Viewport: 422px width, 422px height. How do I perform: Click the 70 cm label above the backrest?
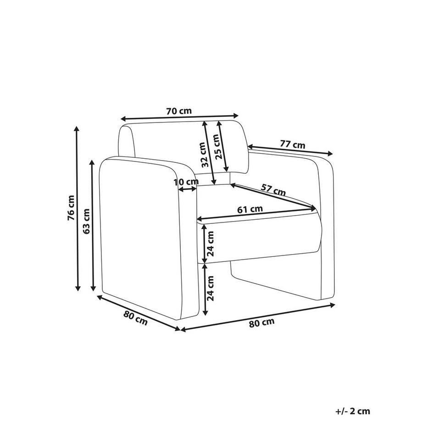pyautogui.click(x=179, y=111)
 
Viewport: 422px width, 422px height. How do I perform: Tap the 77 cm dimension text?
pyautogui.click(x=292, y=145)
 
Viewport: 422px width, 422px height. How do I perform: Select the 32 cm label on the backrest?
pyautogui.click(x=205, y=155)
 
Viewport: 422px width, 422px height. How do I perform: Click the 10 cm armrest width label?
pyautogui.click(x=186, y=182)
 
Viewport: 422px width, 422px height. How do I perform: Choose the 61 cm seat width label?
pyautogui.click(x=250, y=209)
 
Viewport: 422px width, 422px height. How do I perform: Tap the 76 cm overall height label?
pyautogui.click(x=71, y=209)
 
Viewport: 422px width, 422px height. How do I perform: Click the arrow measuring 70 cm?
pyautogui.click(x=180, y=118)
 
